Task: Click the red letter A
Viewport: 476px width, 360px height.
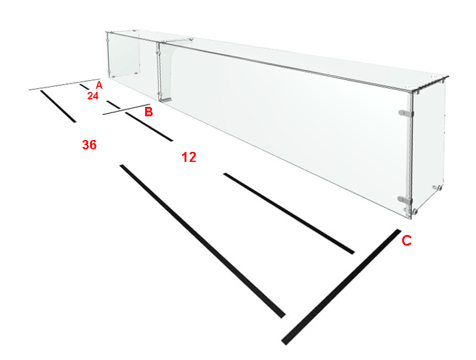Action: pos(99,85)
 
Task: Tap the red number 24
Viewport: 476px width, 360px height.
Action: pos(93,96)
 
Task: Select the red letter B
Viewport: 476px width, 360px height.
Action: pos(148,112)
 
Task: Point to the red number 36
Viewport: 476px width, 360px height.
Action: pos(89,144)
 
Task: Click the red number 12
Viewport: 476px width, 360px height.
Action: pos(189,157)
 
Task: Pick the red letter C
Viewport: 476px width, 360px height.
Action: pos(407,241)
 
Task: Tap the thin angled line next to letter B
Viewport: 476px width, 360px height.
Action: pos(126,109)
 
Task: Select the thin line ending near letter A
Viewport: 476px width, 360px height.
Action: pos(64,84)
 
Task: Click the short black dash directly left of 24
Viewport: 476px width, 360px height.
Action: pos(84,87)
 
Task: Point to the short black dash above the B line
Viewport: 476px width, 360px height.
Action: pos(114,104)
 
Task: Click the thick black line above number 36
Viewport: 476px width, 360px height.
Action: pos(58,106)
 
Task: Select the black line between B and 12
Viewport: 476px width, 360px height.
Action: pos(149,127)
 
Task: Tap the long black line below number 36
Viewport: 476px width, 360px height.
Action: pos(203,241)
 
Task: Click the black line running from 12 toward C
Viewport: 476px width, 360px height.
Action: pos(289,214)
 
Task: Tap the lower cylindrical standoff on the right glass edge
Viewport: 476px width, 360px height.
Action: pos(405,199)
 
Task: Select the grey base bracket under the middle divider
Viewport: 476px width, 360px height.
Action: pos(166,100)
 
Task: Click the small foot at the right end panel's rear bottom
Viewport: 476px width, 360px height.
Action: pos(437,187)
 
